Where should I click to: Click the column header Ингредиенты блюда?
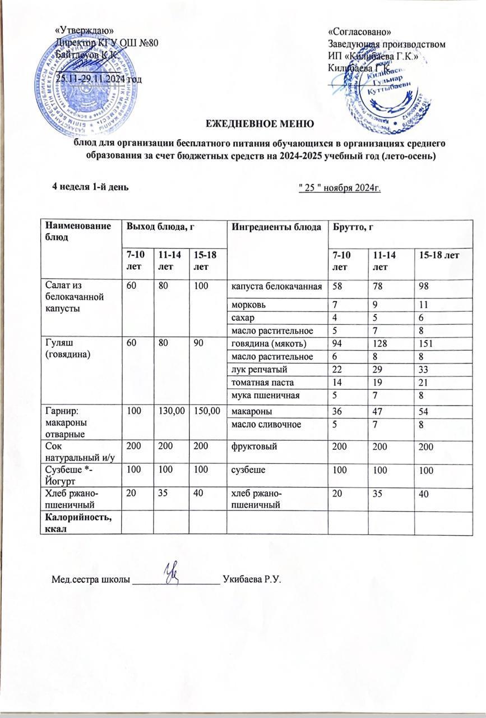(267, 227)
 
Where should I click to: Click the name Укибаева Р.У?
(251, 579)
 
